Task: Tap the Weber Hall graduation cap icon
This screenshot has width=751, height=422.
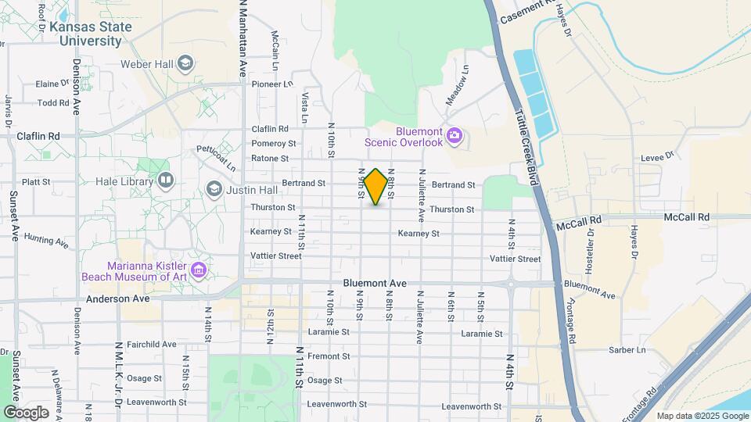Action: click(185, 63)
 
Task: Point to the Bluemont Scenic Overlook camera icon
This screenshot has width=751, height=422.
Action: click(454, 138)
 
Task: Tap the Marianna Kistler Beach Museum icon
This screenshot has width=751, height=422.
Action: click(199, 270)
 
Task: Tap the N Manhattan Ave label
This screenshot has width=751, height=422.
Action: click(243, 39)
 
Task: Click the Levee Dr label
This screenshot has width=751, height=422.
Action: click(657, 156)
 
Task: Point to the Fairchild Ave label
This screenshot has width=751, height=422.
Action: click(153, 344)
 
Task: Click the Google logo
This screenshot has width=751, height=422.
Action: click(26, 412)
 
